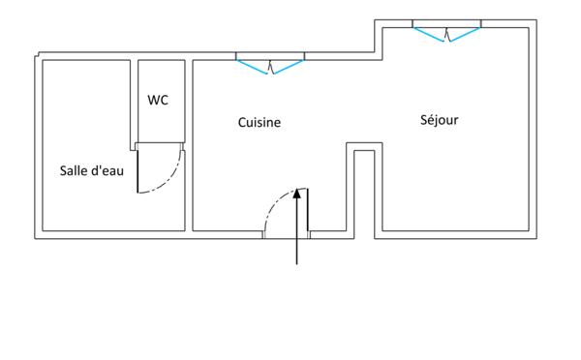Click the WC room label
(x=158, y=100)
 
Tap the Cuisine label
(x=260, y=123)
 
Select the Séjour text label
(x=439, y=120)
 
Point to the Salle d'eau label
(x=92, y=170)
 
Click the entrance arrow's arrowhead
(x=297, y=194)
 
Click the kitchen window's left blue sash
(x=252, y=67)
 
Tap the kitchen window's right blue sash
(x=289, y=67)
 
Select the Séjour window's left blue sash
(x=428, y=35)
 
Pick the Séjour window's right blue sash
(x=465, y=35)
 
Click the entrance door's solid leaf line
(x=308, y=210)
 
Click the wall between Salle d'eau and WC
(x=135, y=105)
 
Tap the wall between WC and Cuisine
(x=189, y=145)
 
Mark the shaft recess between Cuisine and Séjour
(x=364, y=191)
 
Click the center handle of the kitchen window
(x=270, y=68)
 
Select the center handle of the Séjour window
(x=446, y=35)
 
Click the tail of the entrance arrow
(x=297, y=264)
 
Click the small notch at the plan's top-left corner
(x=37, y=55)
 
